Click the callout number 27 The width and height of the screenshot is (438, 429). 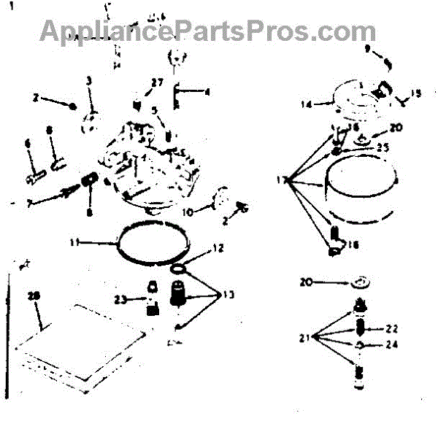click(x=157, y=83)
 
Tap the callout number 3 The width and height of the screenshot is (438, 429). click(x=89, y=80)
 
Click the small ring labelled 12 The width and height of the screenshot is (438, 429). click(x=177, y=271)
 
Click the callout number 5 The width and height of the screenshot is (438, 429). click(x=154, y=111)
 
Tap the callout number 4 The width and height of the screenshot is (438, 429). click(x=207, y=92)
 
